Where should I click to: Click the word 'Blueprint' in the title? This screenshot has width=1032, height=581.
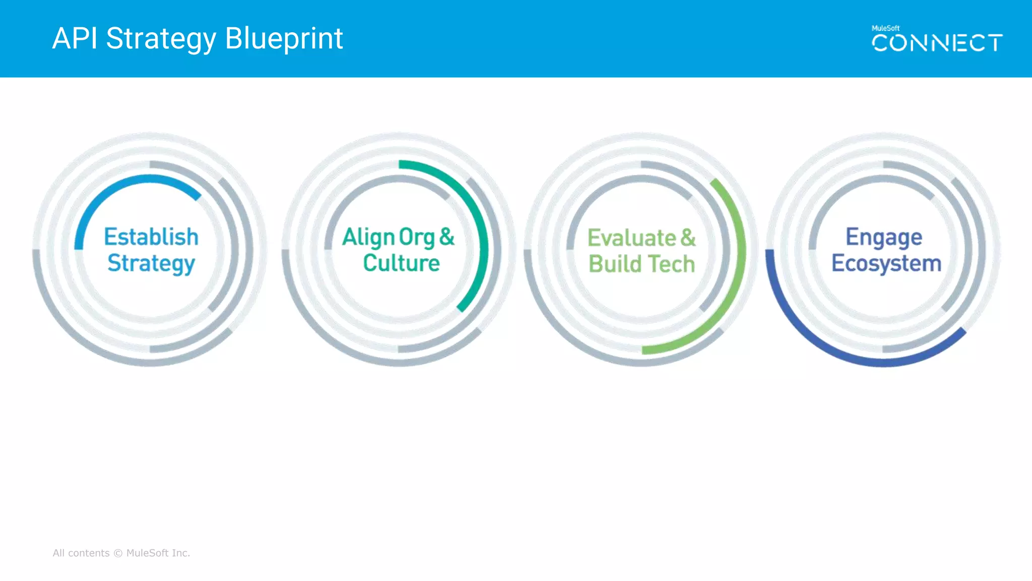pos(284,38)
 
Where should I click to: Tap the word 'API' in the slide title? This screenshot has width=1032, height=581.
pos(75,38)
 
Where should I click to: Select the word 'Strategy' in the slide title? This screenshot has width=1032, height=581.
pos(161,39)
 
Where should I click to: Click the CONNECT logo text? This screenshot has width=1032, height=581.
pos(937,43)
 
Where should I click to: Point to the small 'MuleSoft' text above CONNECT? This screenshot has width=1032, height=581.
pos(885,28)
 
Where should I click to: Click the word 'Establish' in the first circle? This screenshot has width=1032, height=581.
pos(151,237)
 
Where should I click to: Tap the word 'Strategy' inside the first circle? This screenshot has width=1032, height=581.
pos(151,264)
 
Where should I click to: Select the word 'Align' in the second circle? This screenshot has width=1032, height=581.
pos(368,237)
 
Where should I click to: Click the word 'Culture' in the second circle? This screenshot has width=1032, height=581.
pos(401,263)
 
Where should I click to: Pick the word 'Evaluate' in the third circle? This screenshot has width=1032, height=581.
pos(631,238)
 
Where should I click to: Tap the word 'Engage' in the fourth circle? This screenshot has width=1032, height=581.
pos(884,238)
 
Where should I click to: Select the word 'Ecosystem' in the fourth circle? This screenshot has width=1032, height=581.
pos(886,264)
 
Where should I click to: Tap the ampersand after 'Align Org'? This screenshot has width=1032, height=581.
pos(447,237)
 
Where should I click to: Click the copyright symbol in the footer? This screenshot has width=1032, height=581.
pos(118,553)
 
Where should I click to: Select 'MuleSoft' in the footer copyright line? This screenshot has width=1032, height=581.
pos(147,553)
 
